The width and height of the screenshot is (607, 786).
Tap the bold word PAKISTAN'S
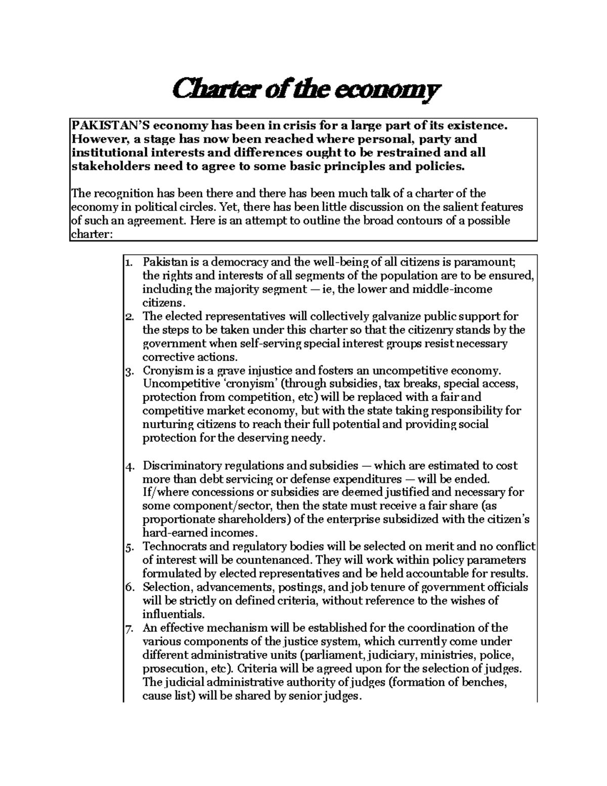click(110, 125)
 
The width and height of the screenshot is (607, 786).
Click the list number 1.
click(128, 263)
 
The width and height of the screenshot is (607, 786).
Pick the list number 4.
click(128, 466)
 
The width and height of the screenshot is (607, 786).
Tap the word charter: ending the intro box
click(89, 234)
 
